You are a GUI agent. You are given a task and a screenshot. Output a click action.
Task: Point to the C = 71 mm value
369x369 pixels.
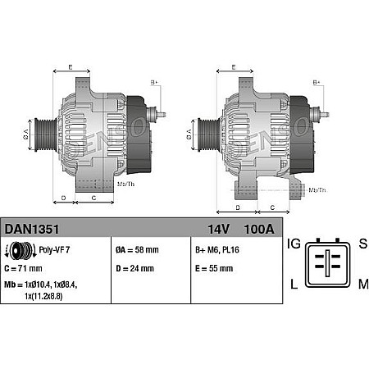[25, 268]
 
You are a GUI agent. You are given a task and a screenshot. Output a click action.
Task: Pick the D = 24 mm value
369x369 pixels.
[137, 268]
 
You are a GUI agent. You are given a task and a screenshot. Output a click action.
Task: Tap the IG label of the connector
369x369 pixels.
[294, 244]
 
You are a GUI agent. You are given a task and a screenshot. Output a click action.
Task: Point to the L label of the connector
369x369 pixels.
[294, 284]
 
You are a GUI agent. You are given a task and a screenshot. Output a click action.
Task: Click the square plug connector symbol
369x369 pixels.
[326, 263]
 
